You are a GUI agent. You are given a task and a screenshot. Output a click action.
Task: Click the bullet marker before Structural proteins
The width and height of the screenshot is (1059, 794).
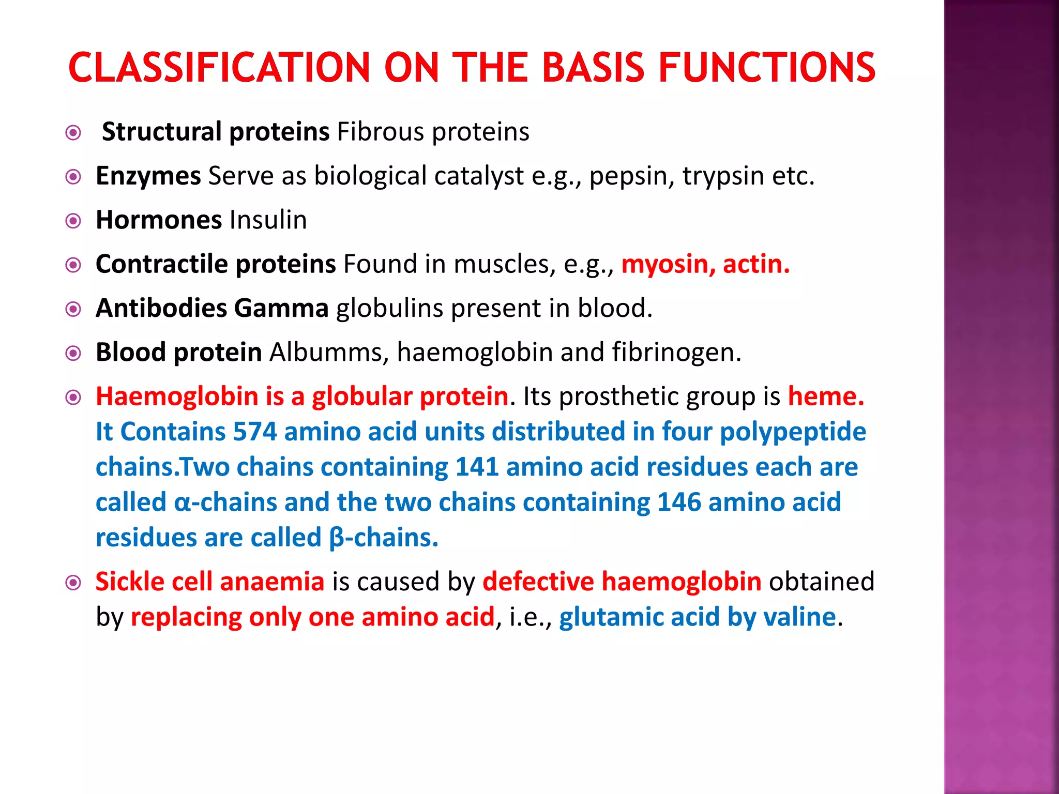point(73,133)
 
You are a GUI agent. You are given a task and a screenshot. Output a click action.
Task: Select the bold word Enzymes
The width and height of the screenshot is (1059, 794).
point(148,176)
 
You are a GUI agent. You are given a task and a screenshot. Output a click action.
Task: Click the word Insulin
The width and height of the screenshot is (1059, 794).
point(268,220)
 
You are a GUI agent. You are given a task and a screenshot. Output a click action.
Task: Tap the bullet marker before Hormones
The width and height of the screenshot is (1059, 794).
point(73,221)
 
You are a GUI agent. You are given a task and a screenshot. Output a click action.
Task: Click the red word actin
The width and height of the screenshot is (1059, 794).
point(756,264)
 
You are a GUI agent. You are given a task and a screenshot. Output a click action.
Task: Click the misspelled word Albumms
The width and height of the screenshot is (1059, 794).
point(329,353)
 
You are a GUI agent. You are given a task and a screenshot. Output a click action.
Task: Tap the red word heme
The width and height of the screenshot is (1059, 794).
point(825,396)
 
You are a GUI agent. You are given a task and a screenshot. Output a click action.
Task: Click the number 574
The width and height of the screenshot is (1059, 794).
point(255,432)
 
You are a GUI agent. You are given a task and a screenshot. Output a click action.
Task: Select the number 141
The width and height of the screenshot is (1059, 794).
point(477,467)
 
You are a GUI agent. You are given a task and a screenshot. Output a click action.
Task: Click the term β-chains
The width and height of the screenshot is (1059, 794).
point(383,538)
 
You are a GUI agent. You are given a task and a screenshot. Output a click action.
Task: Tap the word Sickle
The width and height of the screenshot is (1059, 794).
point(130,582)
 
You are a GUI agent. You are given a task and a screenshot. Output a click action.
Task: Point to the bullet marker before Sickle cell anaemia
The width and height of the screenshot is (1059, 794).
point(73,583)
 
